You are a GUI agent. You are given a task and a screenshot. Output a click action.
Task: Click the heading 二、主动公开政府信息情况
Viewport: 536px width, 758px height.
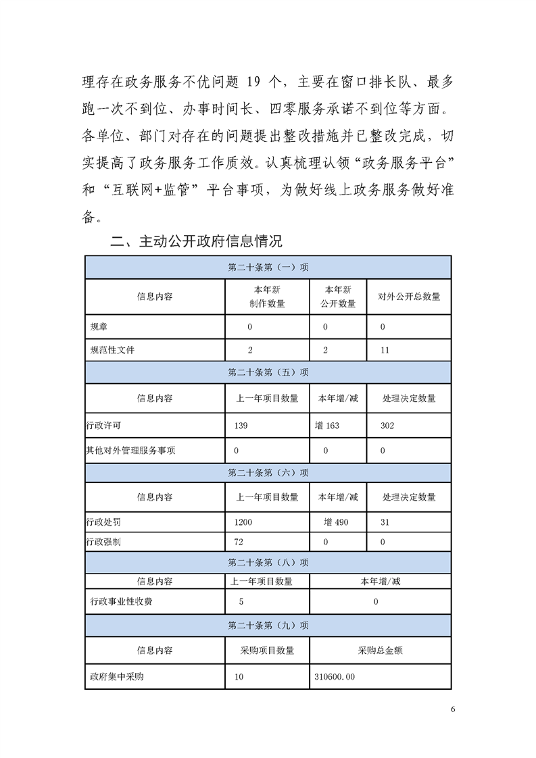tap(196, 241)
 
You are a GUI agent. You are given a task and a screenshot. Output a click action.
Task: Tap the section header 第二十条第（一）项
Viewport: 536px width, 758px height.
tap(268, 268)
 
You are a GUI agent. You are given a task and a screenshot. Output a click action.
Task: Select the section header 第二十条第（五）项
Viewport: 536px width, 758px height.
tap(268, 372)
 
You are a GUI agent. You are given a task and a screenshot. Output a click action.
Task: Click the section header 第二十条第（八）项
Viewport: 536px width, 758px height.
tap(268, 562)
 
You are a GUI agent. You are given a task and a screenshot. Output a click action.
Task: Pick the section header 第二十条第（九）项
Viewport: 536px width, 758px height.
tap(268, 625)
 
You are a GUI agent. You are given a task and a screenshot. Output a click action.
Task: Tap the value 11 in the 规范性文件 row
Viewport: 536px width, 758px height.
tap(385, 350)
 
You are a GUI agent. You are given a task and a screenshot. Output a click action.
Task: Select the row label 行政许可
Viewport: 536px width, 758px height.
tap(103, 426)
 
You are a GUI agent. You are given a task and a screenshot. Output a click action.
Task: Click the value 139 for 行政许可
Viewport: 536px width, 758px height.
tap(241, 426)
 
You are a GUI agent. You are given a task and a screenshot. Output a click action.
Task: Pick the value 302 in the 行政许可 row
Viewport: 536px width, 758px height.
tap(387, 426)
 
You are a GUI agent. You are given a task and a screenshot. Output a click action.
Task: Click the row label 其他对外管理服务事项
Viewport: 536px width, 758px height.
tap(131, 451)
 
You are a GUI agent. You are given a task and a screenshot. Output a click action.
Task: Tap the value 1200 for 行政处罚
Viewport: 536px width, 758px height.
tap(243, 522)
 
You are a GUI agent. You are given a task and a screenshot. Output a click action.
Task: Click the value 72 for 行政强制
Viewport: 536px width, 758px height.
tap(238, 542)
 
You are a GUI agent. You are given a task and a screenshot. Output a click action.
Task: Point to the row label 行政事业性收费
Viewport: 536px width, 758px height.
tap(121, 601)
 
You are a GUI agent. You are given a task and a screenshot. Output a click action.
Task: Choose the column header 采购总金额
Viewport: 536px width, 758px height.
tap(380, 651)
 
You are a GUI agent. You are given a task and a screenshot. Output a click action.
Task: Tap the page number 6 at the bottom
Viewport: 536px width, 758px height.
tap(453, 709)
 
